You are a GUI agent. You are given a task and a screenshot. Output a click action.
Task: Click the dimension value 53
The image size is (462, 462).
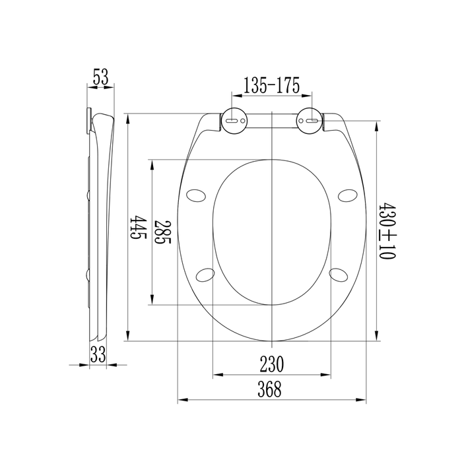click(x=100, y=78)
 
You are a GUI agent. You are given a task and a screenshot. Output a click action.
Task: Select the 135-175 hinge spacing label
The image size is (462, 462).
click(x=272, y=85)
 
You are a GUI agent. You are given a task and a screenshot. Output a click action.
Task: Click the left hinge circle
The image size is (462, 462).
click(x=234, y=120)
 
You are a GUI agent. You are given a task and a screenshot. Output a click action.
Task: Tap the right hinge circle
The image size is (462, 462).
click(x=309, y=120)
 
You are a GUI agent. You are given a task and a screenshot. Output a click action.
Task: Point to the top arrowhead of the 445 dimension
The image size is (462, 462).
click(x=127, y=119)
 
